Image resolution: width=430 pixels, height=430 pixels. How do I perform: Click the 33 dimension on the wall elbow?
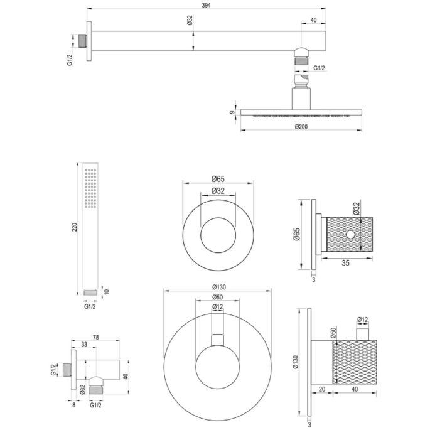83,344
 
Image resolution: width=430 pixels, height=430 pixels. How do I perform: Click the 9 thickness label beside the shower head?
232,113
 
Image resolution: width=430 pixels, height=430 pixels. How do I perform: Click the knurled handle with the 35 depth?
347,237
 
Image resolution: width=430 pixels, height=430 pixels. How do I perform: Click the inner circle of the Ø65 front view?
218,235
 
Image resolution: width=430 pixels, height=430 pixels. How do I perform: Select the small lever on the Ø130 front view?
217,340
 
